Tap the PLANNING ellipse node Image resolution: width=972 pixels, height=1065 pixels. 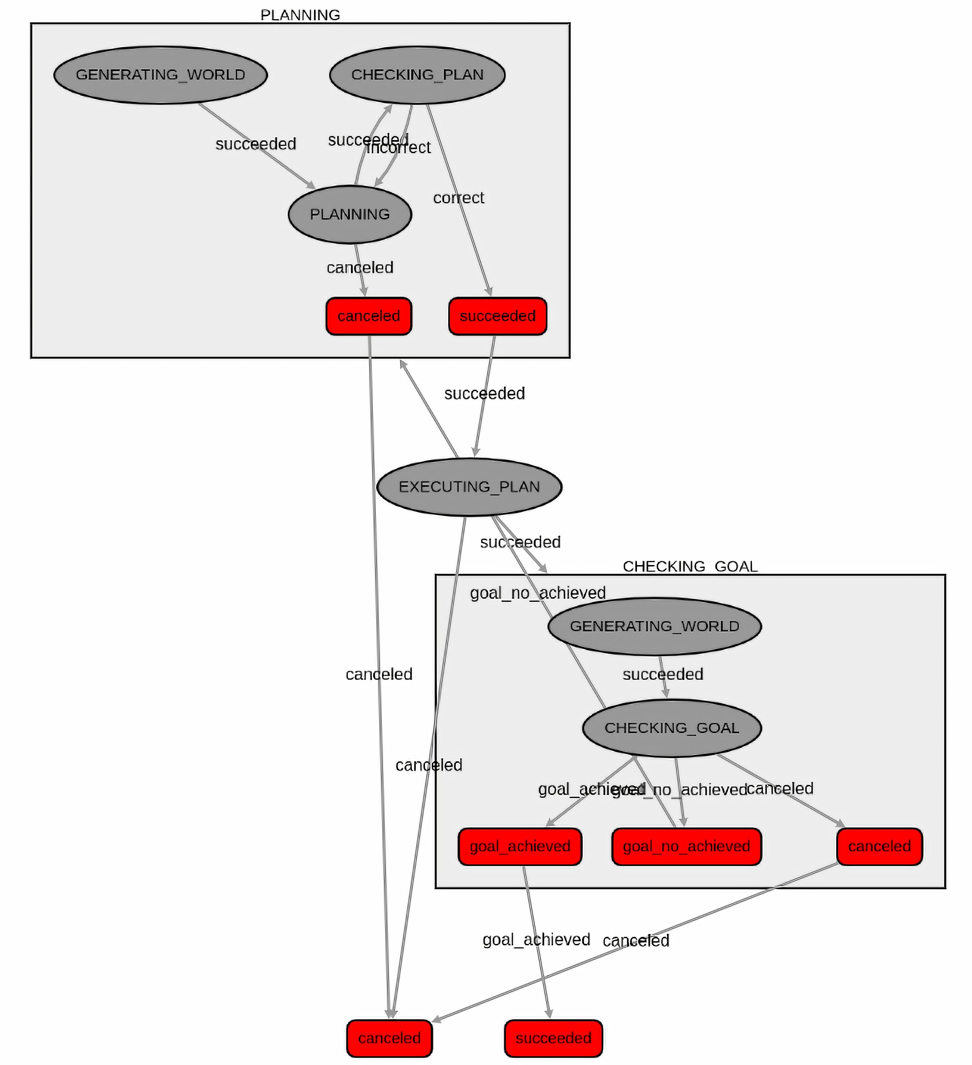click(x=350, y=214)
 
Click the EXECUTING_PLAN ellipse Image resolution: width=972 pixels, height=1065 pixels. click(x=469, y=486)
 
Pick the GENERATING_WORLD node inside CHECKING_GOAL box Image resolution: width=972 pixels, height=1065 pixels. click(x=654, y=626)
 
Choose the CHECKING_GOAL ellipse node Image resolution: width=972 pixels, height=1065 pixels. click(x=671, y=728)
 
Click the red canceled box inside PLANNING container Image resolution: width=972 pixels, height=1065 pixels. click(x=368, y=316)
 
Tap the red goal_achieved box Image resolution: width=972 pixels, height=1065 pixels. click(x=520, y=846)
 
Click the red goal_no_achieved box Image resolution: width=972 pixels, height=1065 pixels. click(x=686, y=846)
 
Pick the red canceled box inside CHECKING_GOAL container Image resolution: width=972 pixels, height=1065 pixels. click(x=879, y=846)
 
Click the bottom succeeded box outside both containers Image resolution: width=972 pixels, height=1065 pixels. click(x=553, y=1038)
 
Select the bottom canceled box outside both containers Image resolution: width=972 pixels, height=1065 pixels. click(x=389, y=1038)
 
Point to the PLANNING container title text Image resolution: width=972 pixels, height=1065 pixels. click(x=300, y=15)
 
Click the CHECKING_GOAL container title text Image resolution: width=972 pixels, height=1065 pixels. click(x=690, y=566)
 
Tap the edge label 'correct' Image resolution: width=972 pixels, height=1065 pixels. click(x=459, y=198)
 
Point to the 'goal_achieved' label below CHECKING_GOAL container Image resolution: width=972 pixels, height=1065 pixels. click(x=536, y=939)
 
